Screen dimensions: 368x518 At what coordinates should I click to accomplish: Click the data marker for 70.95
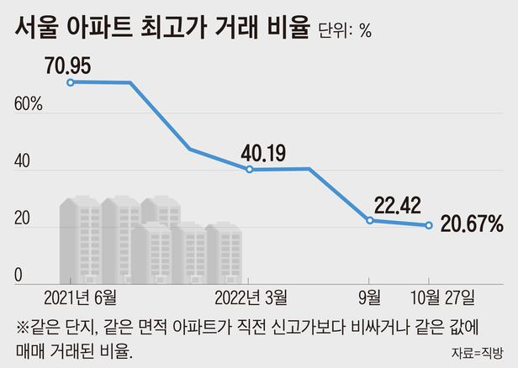(x=71, y=81)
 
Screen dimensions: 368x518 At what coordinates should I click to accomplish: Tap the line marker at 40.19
(x=250, y=169)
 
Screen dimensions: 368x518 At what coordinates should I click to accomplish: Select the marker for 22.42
(x=370, y=220)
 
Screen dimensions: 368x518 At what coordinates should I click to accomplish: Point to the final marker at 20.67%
(x=429, y=225)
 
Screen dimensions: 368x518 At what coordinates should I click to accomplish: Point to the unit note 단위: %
(x=345, y=31)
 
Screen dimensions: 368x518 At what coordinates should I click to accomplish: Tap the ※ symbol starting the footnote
(x=22, y=327)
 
